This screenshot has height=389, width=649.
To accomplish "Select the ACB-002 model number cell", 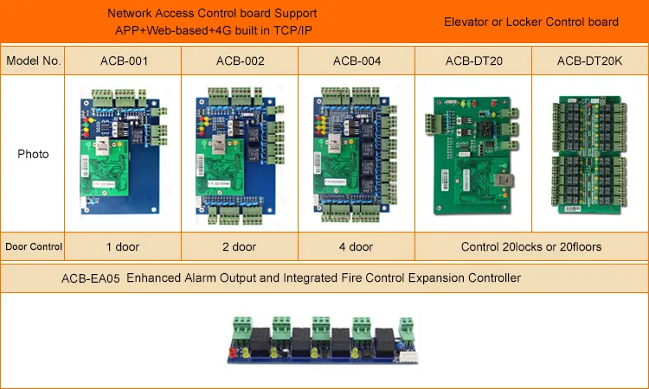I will (x=240, y=61).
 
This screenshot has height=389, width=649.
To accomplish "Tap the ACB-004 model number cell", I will (x=357, y=61).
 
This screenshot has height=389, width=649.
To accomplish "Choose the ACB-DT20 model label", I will (x=472, y=61).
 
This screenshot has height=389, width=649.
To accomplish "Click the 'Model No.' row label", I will (x=34, y=61).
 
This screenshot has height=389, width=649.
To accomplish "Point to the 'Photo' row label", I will (x=34, y=155).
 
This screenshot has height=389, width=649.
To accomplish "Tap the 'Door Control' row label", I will (x=34, y=247).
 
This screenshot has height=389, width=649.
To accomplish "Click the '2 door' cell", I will (x=240, y=247).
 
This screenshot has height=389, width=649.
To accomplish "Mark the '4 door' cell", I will (x=357, y=247).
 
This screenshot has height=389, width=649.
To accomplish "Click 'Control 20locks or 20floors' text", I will (x=530, y=247).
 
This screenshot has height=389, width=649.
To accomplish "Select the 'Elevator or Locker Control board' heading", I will (x=530, y=22).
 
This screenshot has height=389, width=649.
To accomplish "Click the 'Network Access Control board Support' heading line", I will (x=212, y=14).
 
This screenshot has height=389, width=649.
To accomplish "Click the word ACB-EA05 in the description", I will (x=92, y=278).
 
